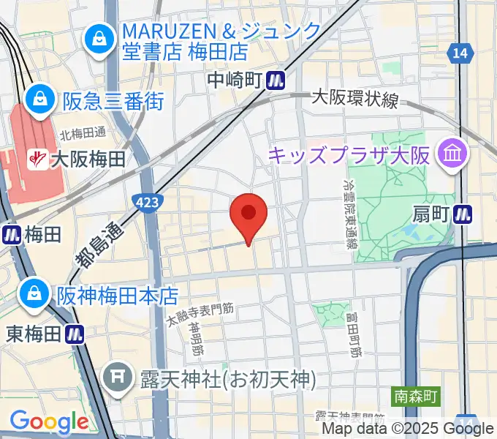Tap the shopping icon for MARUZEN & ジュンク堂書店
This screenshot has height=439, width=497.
97,40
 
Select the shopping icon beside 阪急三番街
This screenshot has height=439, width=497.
39,100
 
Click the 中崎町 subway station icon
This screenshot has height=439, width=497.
276,79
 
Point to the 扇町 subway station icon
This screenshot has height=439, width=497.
462,214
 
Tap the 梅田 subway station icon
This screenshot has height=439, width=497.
11,234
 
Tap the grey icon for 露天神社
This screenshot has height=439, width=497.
117,380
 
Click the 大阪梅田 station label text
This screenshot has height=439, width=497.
86,158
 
